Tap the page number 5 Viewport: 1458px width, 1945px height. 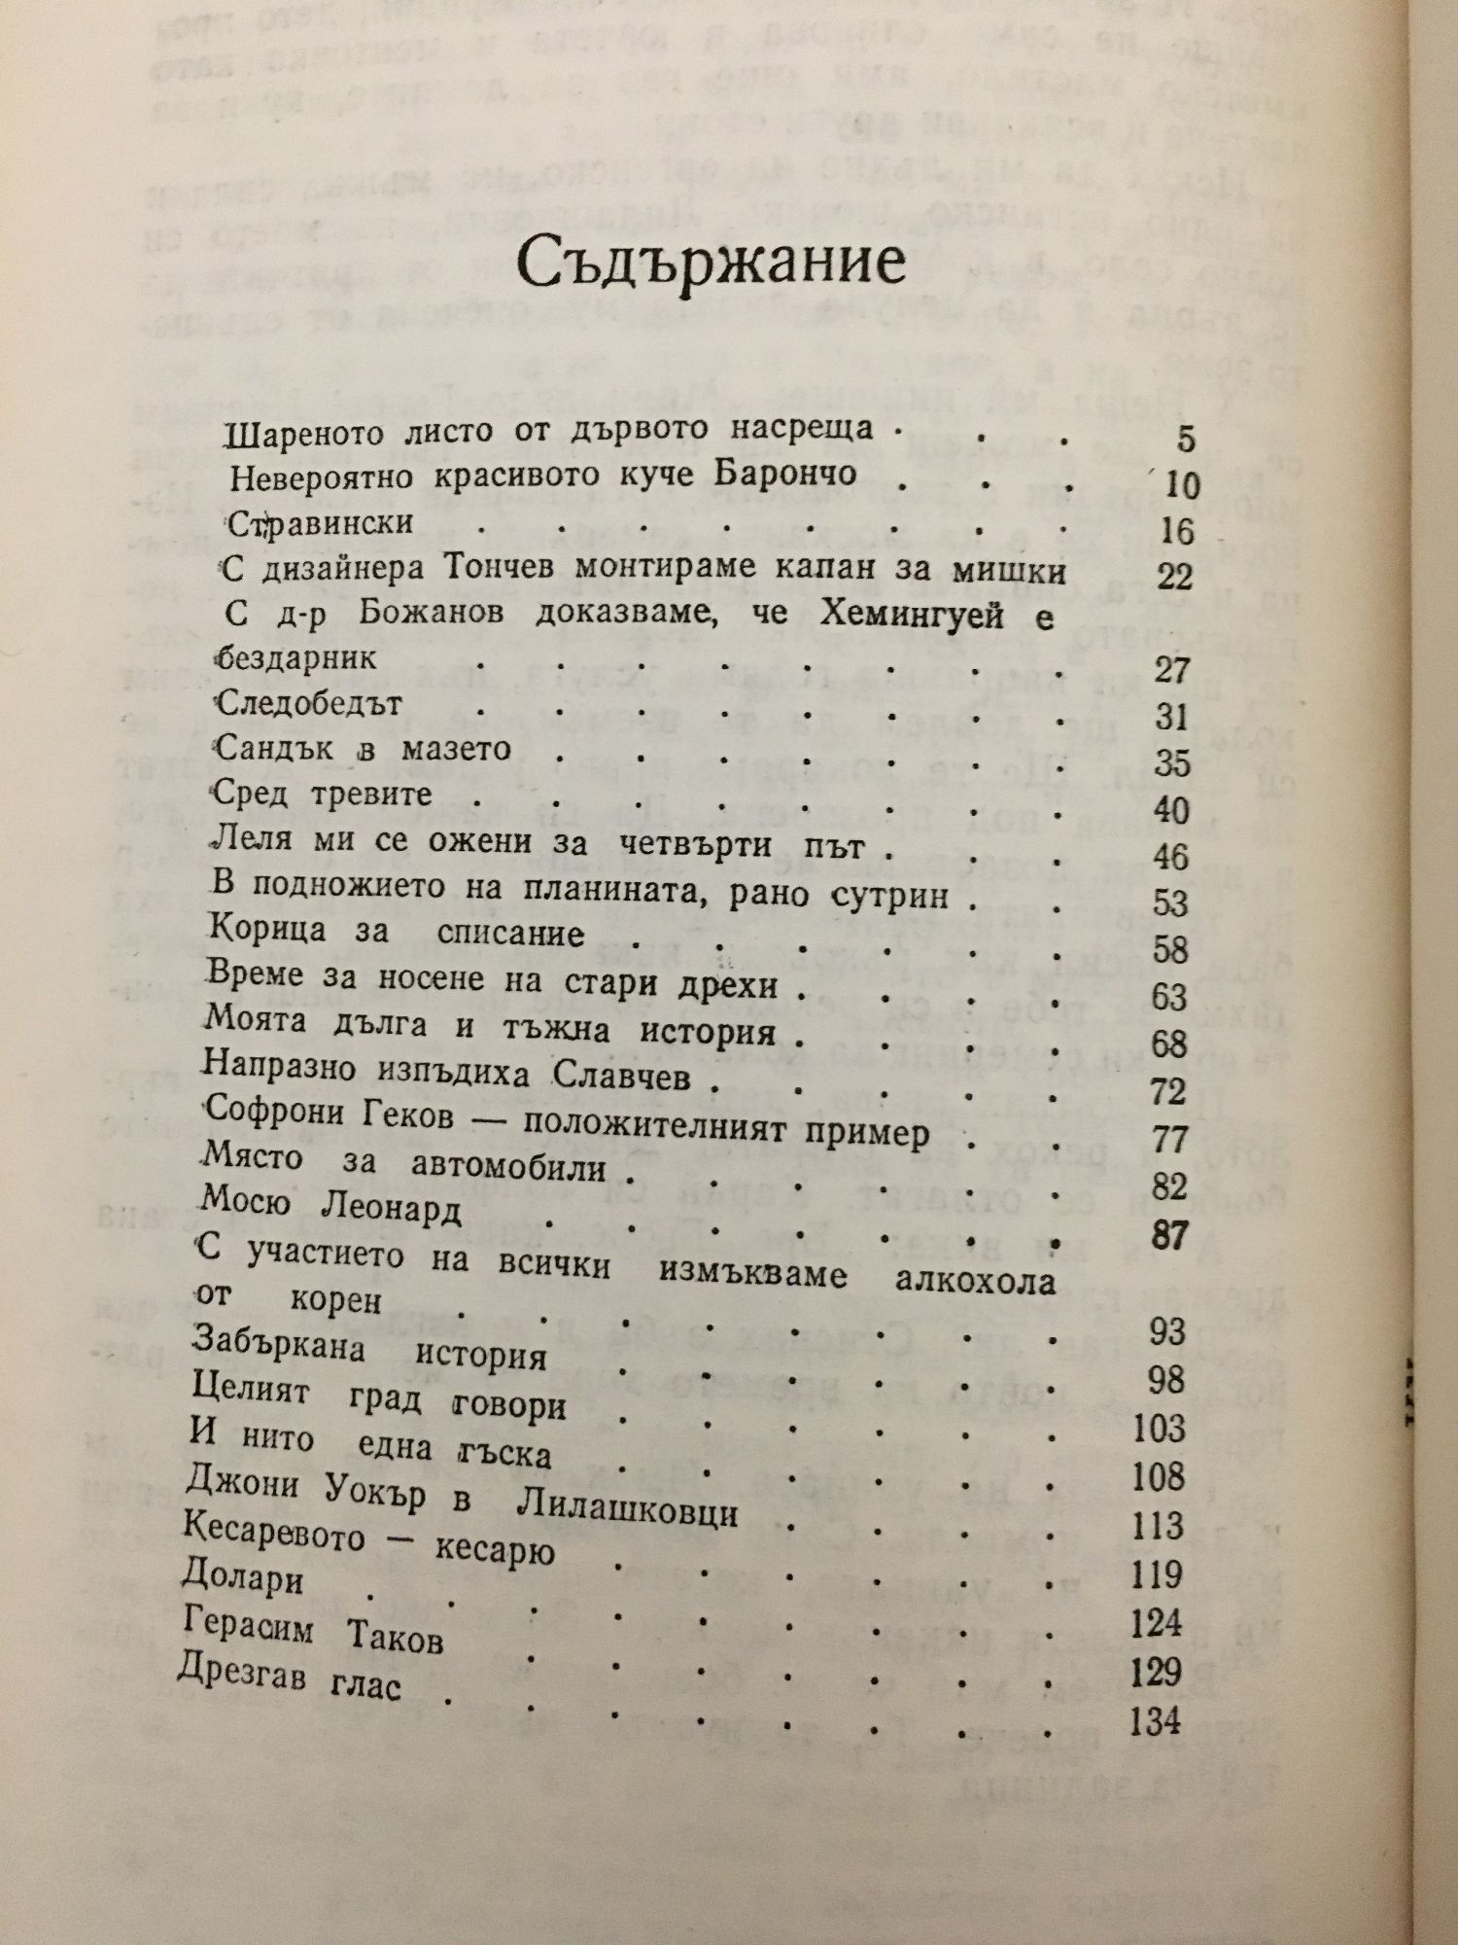(1184, 440)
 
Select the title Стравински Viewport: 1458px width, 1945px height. (321, 525)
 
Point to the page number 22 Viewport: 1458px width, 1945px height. (1174, 577)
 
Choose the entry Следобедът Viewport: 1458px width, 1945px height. (310, 703)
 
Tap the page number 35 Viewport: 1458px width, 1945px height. (1171, 763)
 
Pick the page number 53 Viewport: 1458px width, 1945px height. (1169, 903)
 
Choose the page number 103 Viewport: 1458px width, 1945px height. (1159, 1429)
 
